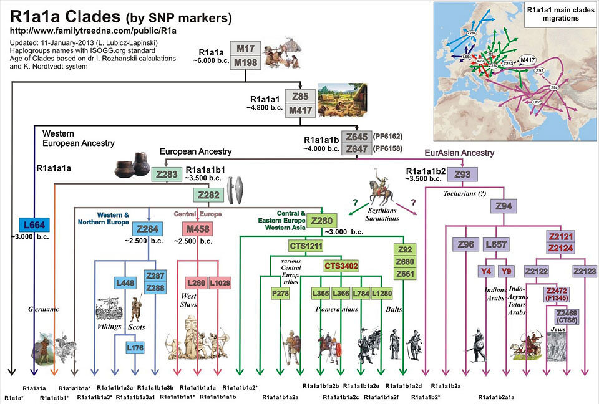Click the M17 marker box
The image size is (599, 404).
pyautogui.click(x=245, y=49)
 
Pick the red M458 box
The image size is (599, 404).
pyautogui.click(x=197, y=229)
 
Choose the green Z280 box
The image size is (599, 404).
pyautogui.click(x=322, y=221)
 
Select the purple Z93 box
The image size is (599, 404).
pyautogui.click(x=463, y=174)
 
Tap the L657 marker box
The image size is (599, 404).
pyautogui.click(x=496, y=244)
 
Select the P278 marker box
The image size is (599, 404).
pyautogui.click(x=280, y=292)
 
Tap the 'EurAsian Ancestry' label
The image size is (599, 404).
pyautogui.click(x=459, y=153)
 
